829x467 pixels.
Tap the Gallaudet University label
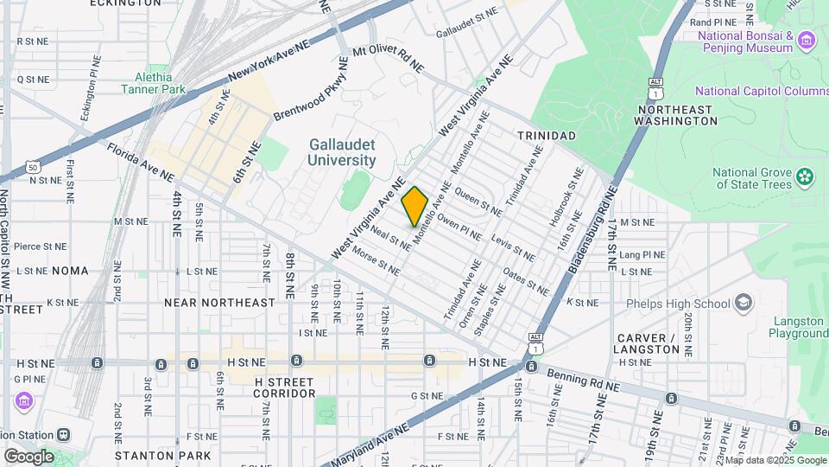point(343,153)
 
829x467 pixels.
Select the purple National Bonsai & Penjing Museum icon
point(807,41)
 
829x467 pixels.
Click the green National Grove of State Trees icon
point(805,177)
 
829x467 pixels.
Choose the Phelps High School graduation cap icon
point(744,303)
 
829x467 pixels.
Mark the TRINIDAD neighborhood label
point(546,136)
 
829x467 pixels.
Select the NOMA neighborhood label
point(70,271)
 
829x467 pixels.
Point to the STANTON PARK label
point(163,455)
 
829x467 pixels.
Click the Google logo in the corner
point(28,456)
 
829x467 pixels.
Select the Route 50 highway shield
point(32,166)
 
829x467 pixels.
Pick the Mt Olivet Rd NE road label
point(389,57)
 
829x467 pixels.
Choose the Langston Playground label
point(798,327)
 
